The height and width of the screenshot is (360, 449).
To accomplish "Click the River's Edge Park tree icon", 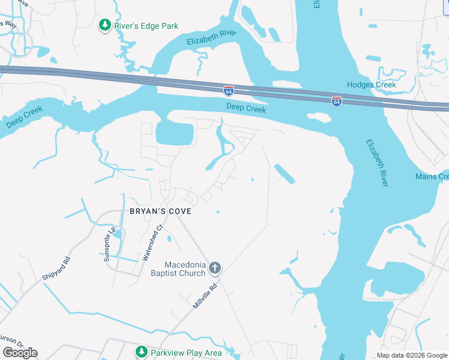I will (x=105, y=25).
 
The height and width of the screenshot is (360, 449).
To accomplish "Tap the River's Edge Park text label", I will (x=146, y=26).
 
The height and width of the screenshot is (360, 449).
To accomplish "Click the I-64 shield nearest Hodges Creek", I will (x=336, y=101).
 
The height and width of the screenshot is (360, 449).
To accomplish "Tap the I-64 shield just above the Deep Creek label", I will (x=229, y=91).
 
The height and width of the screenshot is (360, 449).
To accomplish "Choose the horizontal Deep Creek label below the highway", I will (x=246, y=109).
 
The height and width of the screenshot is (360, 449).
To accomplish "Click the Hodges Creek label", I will (x=371, y=85).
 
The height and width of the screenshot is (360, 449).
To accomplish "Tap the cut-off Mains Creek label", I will (x=432, y=176).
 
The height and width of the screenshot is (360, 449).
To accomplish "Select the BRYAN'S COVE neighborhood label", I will (x=160, y=211).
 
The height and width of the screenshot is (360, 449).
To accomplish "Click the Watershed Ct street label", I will (x=153, y=242).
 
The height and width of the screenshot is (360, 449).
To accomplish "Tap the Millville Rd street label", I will (x=204, y=296).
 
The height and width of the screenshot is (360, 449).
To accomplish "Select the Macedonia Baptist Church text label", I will (x=185, y=269).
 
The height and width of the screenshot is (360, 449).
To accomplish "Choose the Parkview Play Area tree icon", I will (x=142, y=352).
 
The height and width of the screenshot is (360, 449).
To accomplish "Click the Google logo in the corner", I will (x=20, y=352).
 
